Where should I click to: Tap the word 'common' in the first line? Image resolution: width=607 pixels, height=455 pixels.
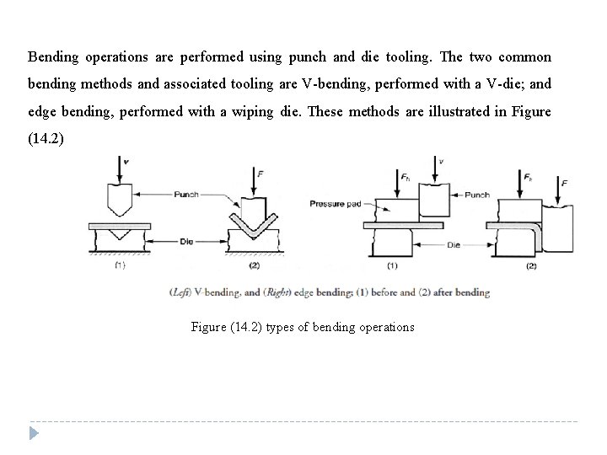(524, 57)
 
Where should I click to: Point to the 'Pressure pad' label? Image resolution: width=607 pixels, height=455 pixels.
(335, 203)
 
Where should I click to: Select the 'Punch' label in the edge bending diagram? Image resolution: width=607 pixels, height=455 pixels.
(476, 195)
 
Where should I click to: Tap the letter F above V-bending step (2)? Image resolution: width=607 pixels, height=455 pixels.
(261, 172)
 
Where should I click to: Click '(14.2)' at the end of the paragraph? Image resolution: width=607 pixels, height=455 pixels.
(45, 136)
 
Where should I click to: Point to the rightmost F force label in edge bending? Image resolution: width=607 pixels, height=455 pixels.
(564, 183)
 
